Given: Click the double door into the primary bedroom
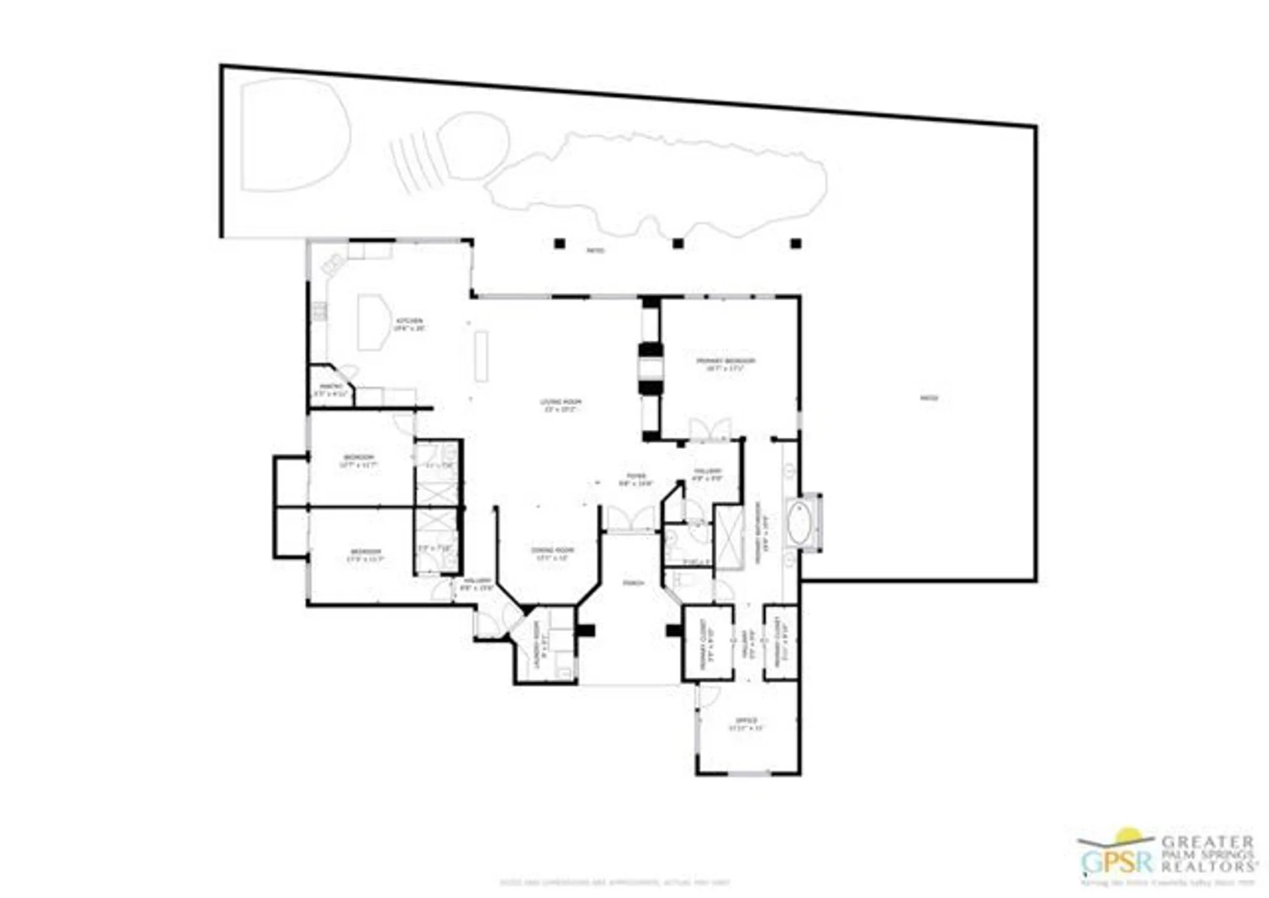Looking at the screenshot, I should coord(709,429).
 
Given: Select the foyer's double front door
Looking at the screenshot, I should coord(631,518).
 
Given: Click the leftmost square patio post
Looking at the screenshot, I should coord(559,244).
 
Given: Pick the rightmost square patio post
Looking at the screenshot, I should coord(796,244).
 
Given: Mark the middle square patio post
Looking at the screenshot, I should coord(678,244).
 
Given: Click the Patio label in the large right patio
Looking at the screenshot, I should coord(929,398).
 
